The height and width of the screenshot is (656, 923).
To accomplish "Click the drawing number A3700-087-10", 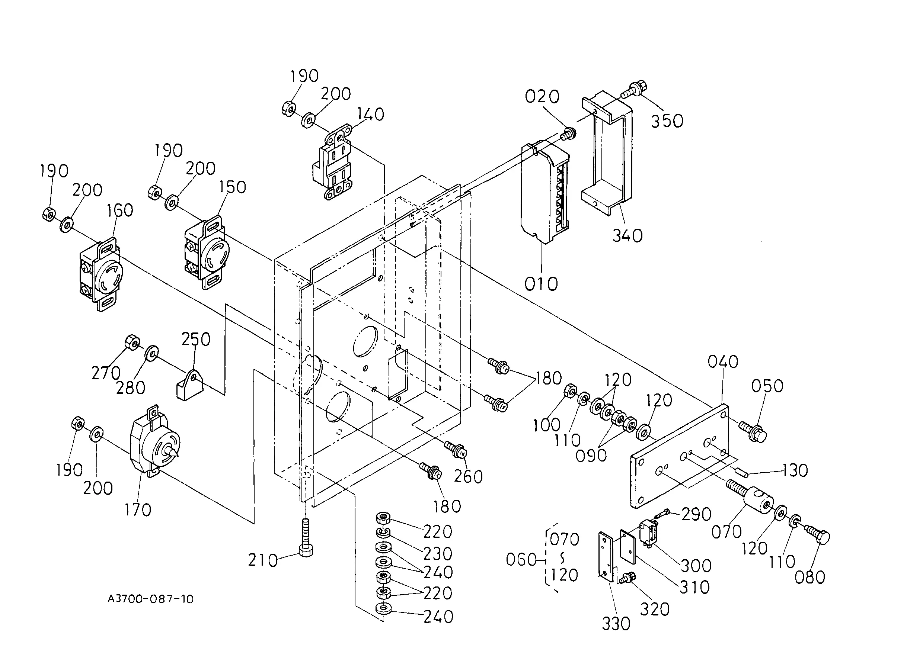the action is tap(150, 599).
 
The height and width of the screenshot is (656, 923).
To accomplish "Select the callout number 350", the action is tap(667, 121).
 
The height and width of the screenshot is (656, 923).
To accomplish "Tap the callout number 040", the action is tap(723, 361).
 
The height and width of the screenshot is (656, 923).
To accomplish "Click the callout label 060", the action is tap(521, 560).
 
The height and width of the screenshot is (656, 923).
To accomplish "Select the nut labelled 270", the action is tap(132, 343).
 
